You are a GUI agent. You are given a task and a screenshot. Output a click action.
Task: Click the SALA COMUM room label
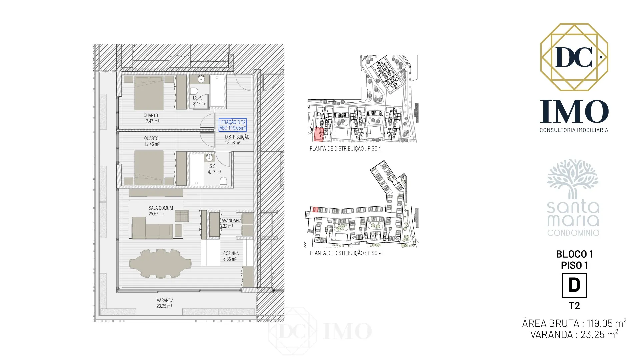pos(161,208)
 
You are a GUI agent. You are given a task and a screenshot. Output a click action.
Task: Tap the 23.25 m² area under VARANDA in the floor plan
pos(164,306)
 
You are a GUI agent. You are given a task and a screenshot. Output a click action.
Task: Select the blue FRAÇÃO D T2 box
pos(233,125)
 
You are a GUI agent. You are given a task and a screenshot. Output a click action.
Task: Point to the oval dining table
pos(160,264)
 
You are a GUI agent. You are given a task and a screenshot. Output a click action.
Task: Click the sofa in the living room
pos(152,228)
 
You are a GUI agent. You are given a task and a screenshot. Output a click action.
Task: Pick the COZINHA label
pos(231,253)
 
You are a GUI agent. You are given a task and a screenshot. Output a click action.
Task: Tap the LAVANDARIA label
pos(231,221)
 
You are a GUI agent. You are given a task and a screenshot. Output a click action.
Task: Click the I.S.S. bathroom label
pos(212,166)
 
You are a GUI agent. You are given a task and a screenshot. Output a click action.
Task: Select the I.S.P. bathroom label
pos(197,98)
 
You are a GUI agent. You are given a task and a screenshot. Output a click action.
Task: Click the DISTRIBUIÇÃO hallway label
pos(237,137)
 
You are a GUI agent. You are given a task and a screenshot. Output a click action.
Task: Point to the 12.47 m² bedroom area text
pos(151,121)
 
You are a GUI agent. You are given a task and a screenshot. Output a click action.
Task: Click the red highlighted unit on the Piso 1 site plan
pos(319,134)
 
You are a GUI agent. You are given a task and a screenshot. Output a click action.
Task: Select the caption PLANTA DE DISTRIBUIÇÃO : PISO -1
pos(346,253)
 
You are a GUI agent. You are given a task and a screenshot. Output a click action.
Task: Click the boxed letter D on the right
pos(574,286)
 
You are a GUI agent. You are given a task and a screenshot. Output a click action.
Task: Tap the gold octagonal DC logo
pos(574,57)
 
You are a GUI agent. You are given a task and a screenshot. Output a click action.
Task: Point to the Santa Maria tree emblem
pos(573,179)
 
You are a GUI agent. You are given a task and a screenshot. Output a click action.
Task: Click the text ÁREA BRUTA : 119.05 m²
pos(574,323)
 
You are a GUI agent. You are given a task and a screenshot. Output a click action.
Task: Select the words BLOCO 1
pos(574,254)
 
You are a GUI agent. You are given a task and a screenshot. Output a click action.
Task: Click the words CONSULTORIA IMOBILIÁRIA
pos(574,130)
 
